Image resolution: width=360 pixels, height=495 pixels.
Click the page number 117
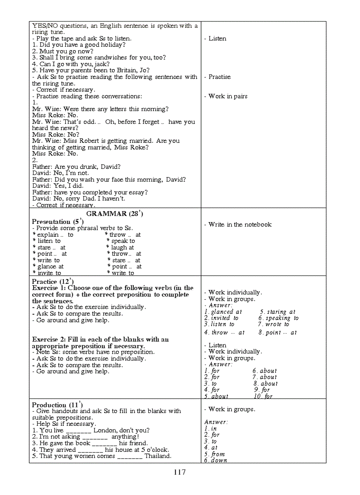(x=180, y=472)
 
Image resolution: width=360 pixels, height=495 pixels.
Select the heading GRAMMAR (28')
(x=115, y=213)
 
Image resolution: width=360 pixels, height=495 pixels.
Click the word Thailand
(x=157, y=456)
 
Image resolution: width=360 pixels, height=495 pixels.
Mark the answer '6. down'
(x=216, y=460)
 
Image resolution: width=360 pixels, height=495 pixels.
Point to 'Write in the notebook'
(x=240, y=224)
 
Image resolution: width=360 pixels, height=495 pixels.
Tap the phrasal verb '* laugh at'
(x=120, y=247)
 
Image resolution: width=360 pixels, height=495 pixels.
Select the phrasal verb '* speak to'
(x=120, y=241)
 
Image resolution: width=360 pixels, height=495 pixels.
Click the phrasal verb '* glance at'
(x=48, y=266)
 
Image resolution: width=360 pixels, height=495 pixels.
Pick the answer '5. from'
(x=214, y=454)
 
